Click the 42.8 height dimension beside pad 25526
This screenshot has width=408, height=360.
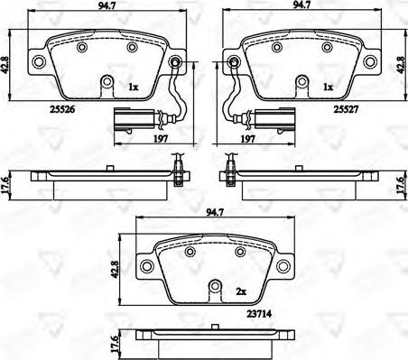(7, 62)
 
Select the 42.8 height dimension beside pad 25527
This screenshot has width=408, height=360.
(401, 62)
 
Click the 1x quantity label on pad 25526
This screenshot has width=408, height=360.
(134, 87)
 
